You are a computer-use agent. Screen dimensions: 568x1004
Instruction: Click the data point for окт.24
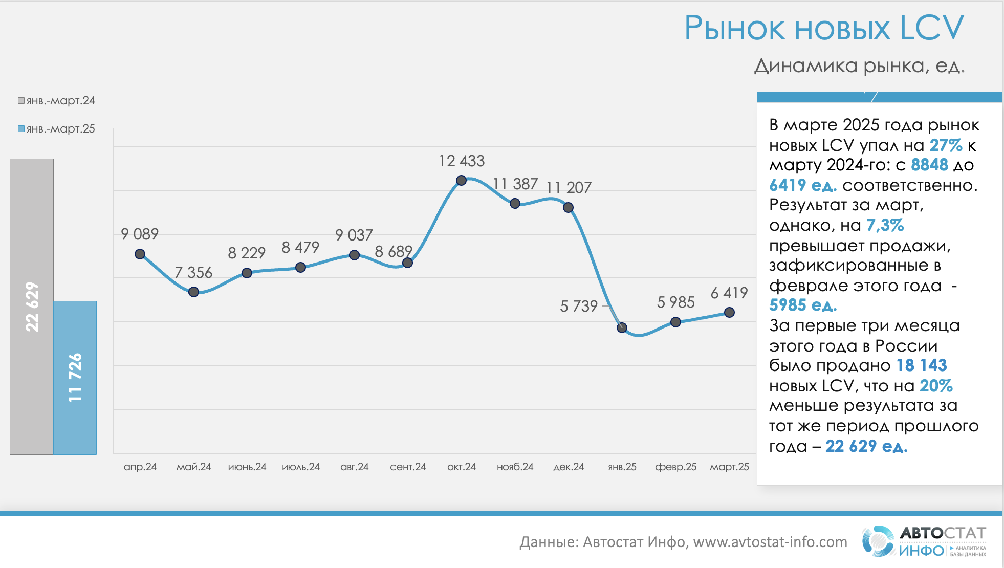pos(461,180)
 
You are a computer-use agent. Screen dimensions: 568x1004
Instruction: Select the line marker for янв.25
pos(622,327)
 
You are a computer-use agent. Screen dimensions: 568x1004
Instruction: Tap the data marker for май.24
pos(193,292)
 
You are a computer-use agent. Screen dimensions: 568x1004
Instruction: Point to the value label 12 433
pos(462,161)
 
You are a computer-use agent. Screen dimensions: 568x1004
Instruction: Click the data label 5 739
pos(579,306)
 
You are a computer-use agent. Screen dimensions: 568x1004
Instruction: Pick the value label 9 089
pos(140,234)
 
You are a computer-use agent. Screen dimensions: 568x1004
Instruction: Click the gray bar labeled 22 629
pos(32,307)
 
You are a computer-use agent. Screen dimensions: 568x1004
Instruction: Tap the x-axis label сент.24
pos(408,467)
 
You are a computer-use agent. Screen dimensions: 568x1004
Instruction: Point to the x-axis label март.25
pos(729,467)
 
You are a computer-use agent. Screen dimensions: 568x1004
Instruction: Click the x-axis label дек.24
pos(569,467)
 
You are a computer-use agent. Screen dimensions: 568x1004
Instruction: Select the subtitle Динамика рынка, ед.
pos(859,66)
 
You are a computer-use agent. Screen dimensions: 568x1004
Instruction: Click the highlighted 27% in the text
pos(946,145)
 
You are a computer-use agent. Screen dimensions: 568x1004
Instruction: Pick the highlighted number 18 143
pos(922,365)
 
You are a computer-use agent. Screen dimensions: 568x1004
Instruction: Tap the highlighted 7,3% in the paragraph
pos(885,225)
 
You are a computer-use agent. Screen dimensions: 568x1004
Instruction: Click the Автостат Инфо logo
pos(924,541)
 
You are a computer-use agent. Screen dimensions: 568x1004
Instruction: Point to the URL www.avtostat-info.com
pos(770,542)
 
